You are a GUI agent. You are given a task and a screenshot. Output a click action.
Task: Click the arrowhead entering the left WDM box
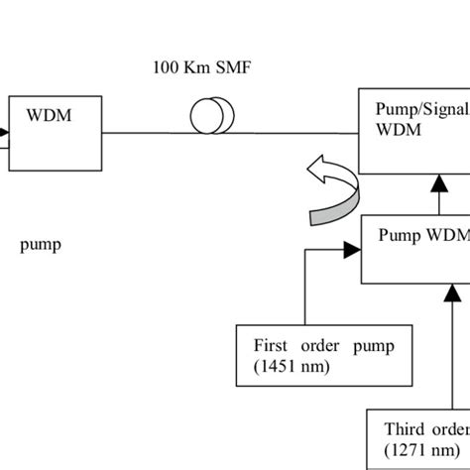(x=5, y=130)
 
